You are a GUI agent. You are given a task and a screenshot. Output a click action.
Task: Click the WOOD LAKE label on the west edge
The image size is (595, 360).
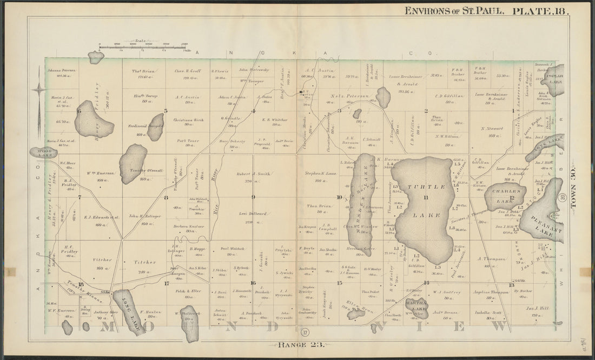coord(43,152)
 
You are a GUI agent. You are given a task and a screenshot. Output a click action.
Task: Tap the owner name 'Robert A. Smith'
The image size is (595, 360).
coord(253,174)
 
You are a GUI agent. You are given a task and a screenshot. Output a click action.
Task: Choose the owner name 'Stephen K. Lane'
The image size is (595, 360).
coord(320,174)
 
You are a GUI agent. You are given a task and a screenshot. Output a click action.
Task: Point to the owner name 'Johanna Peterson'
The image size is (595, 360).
coord(61,70)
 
